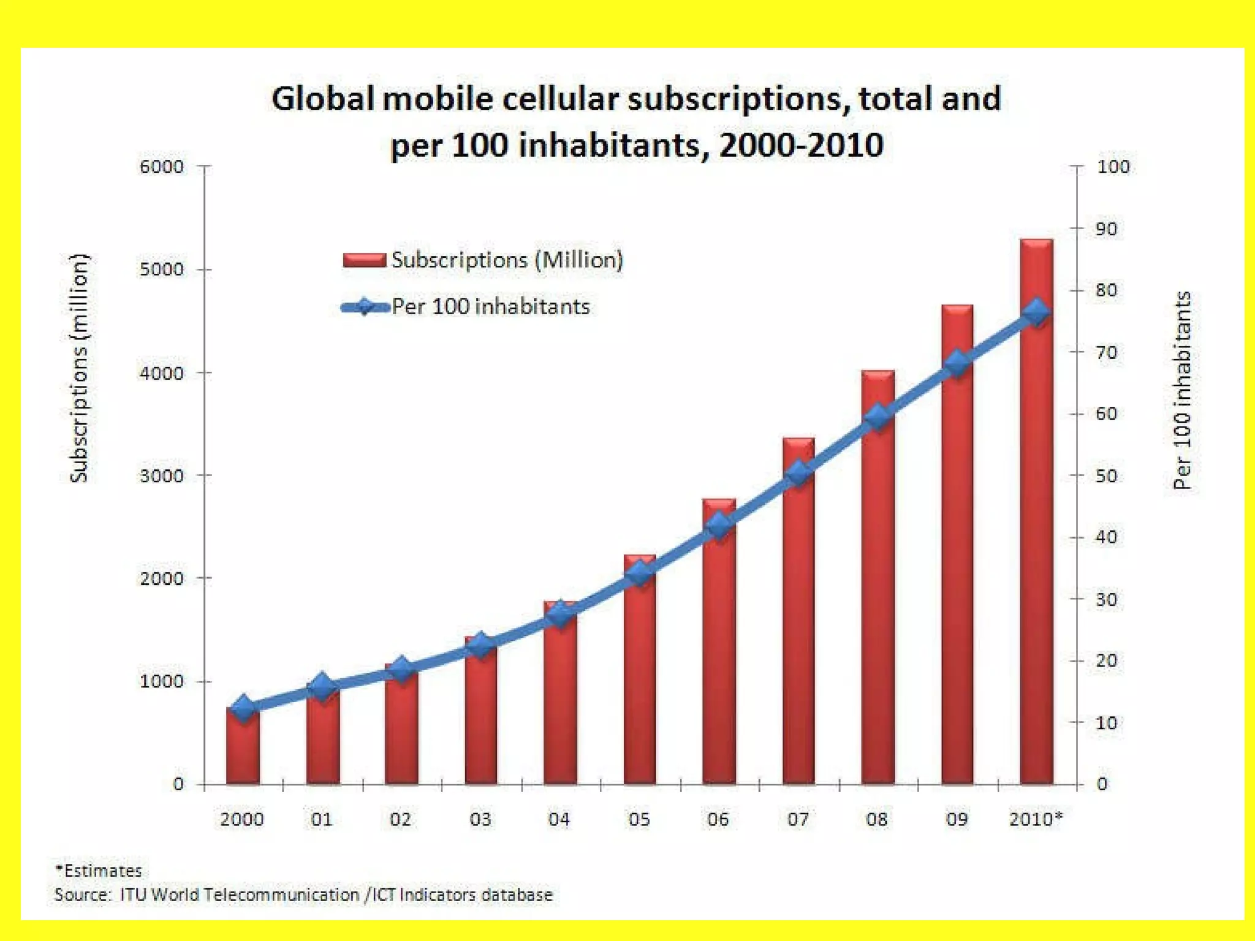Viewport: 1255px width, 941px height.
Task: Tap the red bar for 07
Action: [798, 631]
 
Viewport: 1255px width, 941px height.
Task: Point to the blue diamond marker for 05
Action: [640, 573]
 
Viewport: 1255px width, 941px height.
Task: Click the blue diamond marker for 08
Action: [878, 417]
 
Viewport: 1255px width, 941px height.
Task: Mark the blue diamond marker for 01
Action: [322, 687]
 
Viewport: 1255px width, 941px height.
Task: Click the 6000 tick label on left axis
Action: [161, 167]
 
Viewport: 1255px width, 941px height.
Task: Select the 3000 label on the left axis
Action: [161, 476]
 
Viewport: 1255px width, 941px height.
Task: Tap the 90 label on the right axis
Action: [1106, 229]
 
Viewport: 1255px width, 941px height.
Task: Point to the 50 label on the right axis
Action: [1106, 476]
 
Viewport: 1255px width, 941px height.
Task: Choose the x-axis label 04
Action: [559, 819]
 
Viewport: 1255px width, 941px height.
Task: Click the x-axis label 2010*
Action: [1036, 819]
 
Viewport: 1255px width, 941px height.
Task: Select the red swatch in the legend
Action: [364, 260]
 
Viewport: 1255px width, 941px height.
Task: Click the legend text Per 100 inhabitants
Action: [490, 306]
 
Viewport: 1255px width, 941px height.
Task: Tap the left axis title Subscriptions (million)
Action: [79, 368]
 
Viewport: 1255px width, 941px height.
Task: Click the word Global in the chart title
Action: [322, 99]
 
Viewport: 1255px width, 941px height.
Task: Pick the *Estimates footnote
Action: [99, 871]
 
